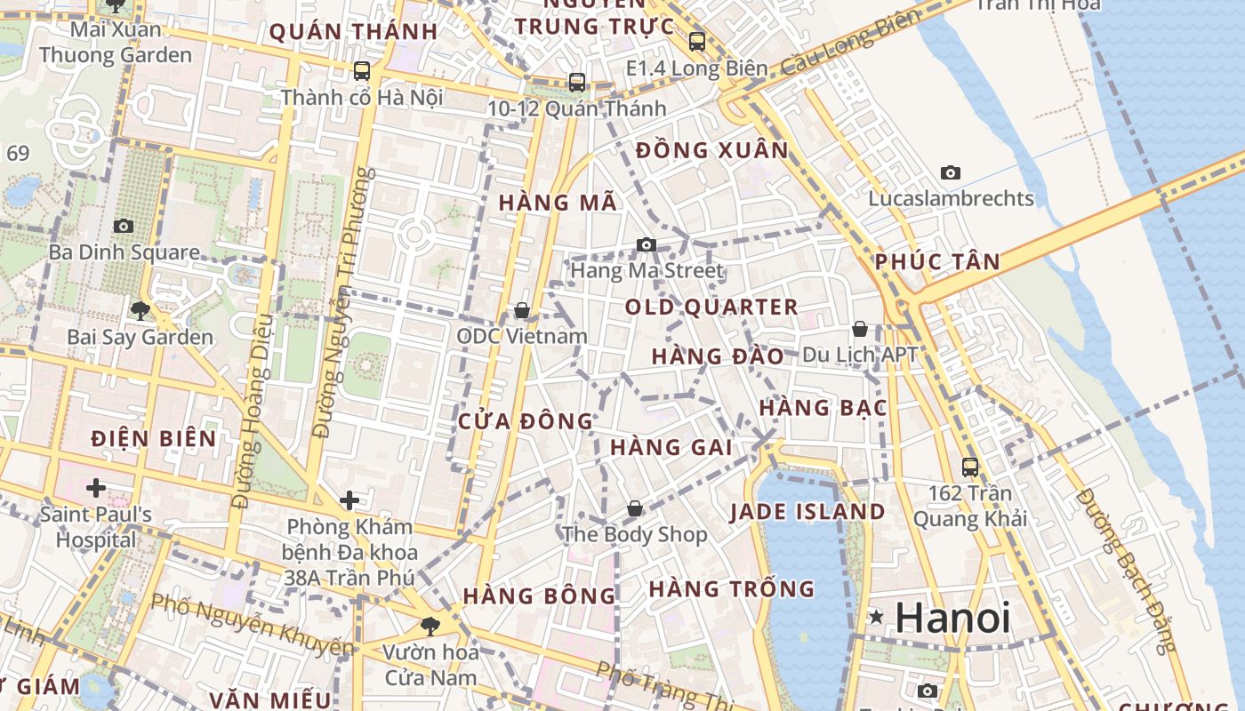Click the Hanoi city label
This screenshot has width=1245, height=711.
(x=952, y=617)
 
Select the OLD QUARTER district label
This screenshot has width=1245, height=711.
(x=711, y=308)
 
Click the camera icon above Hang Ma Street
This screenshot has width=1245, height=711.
(x=647, y=244)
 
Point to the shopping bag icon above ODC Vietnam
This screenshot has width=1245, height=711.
(x=522, y=310)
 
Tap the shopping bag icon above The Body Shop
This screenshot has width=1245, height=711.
(x=635, y=508)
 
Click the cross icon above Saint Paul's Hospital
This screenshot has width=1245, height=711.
(x=96, y=488)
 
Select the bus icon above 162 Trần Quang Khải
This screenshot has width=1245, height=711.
(x=970, y=467)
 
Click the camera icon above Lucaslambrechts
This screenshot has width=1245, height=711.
(x=951, y=172)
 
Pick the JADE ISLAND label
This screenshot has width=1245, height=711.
(x=807, y=512)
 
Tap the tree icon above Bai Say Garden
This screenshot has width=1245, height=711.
(x=140, y=310)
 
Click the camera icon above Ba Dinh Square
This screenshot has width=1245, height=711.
(x=124, y=226)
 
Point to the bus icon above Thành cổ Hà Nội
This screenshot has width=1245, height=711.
(x=361, y=71)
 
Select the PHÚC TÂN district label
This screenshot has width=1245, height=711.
(x=937, y=262)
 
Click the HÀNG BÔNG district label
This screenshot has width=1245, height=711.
(x=539, y=595)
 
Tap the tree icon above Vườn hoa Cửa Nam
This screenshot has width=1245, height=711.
(x=430, y=626)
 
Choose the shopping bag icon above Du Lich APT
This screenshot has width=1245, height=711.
(x=860, y=329)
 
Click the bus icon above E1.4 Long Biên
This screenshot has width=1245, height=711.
(x=697, y=41)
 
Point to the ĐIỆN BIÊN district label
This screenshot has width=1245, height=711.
(x=154, y=438)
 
